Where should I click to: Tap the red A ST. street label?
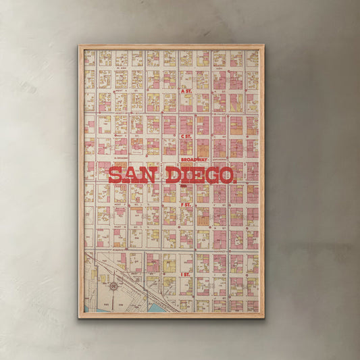[186, 90]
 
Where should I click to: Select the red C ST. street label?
[186, 135]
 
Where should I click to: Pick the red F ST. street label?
[186, 204]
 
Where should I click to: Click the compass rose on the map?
[113, 286]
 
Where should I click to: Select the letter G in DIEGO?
[211, 176]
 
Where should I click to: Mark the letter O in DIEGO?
[226, 176]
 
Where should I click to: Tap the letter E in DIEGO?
[197, 176]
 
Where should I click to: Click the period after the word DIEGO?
[235, 180]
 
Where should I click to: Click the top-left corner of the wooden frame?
[79, 46]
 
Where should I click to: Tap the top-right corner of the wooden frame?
[263, 46]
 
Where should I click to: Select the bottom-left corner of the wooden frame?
[79, 317]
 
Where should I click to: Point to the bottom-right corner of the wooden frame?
[263, 317]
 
